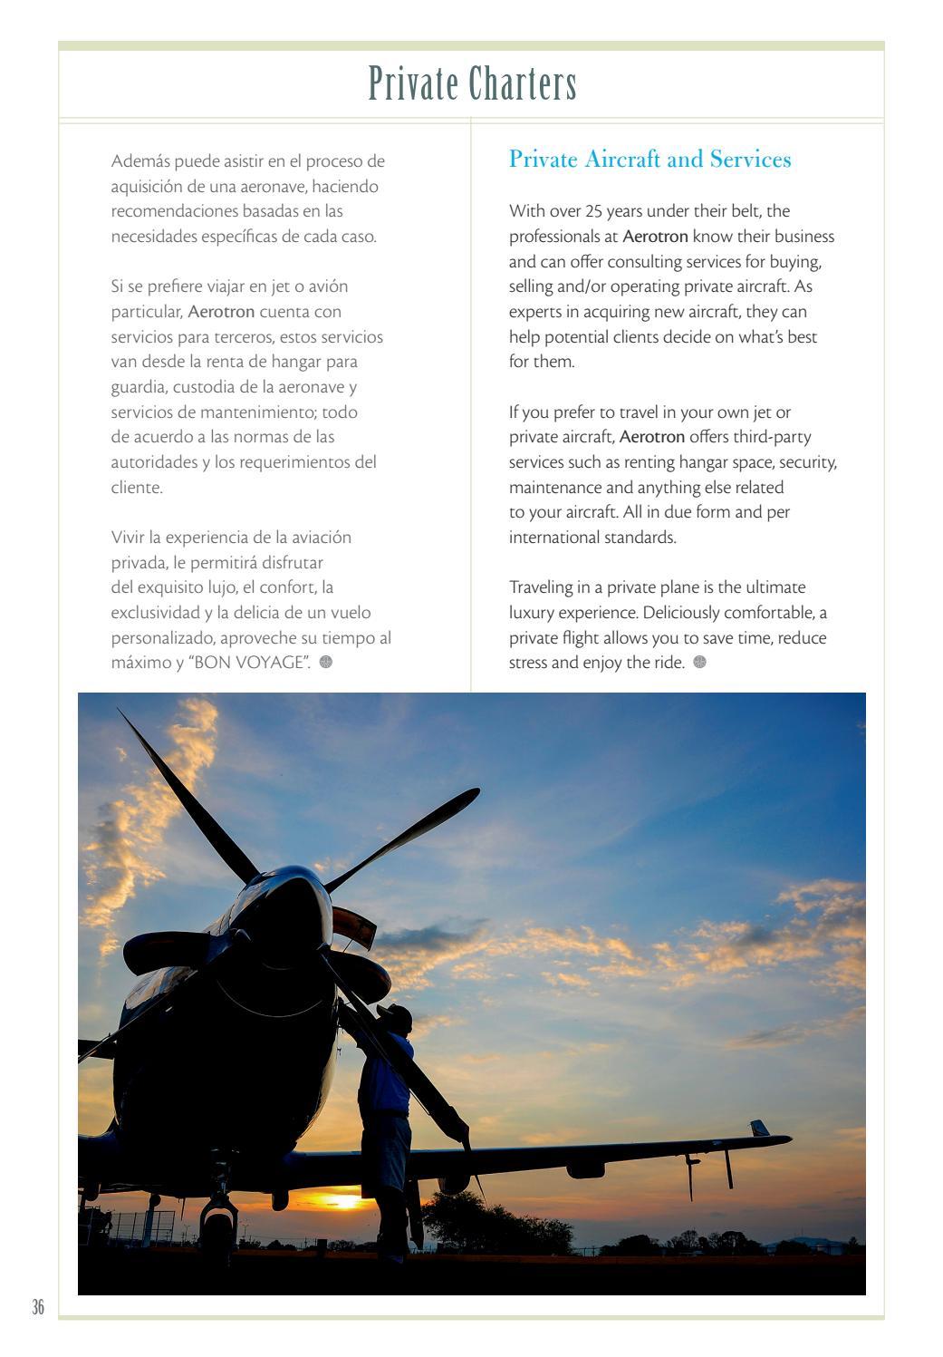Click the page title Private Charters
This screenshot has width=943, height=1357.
[472, 85]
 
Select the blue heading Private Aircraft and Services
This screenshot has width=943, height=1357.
[650, 160]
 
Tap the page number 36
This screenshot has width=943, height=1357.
[37, 1307]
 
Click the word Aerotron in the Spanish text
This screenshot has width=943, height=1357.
[221, 312]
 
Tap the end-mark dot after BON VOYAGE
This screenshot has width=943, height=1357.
[326, 662]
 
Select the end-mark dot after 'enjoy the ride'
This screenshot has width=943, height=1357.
[699, 662]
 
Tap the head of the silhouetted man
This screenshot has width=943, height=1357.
[399, 1018]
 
